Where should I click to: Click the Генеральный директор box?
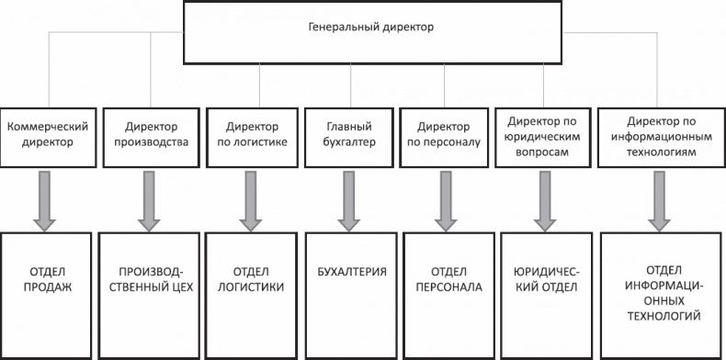tap(369, 29)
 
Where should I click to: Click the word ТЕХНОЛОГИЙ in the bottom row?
tap(661, 315)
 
